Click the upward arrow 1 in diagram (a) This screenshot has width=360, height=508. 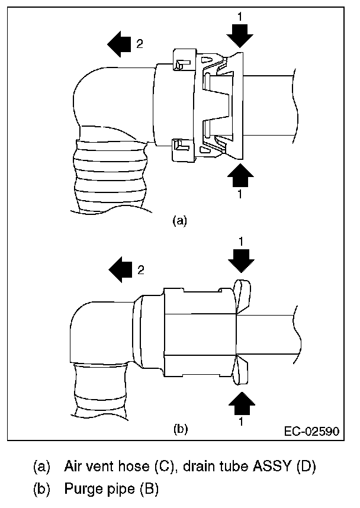[x=240, y=176]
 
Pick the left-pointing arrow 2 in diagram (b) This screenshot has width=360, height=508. [x=121, y=270]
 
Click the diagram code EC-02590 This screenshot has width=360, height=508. [x=311, y=430]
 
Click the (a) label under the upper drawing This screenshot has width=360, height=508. [x=179, y=221]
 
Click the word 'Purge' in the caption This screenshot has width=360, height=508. [x=83, y=489]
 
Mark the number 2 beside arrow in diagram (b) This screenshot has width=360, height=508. [x=140, y=270]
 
